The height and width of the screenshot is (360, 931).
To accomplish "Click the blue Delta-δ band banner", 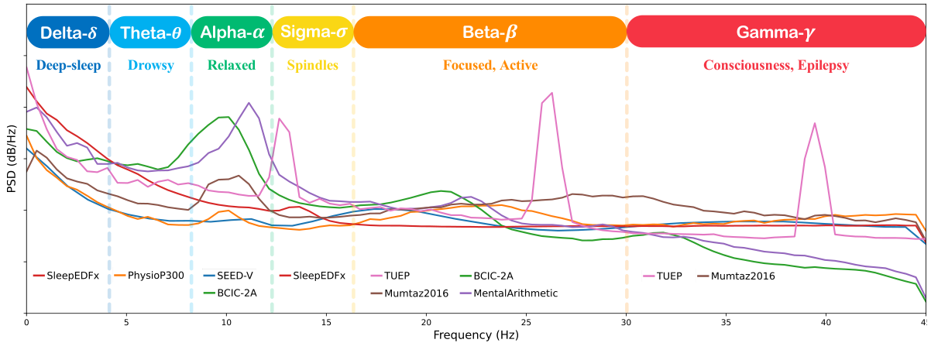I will point(67,33).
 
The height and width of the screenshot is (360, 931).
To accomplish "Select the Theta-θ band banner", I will point(149,33).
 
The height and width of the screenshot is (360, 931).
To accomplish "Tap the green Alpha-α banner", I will point(231,33).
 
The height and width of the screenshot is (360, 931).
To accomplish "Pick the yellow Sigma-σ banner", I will point(313,33).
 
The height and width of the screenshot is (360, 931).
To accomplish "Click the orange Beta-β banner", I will point(490,33).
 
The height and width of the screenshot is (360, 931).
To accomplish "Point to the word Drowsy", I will point(150,66).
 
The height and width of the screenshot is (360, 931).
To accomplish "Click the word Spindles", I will point(312,66).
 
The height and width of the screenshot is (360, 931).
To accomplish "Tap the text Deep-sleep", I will point(68,66).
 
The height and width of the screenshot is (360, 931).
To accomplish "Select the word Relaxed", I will point(231,66).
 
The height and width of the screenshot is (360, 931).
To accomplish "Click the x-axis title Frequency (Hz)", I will point(476,337).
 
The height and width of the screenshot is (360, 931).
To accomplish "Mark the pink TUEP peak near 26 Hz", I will point(551,93).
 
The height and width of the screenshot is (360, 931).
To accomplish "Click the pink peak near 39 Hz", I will point(814,123).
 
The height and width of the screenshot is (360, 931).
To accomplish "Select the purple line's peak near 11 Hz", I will point(249,102).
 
